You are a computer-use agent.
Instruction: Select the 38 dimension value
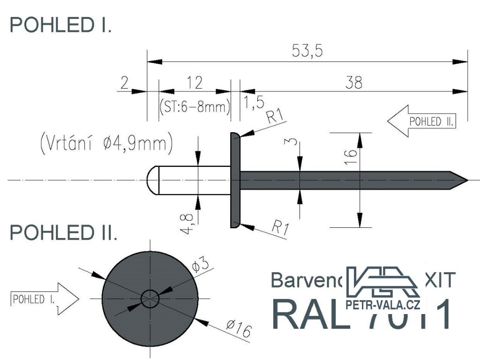(354, 82)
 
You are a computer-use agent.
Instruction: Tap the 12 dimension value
(194, 82)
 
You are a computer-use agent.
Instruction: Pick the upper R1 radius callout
(276, 116)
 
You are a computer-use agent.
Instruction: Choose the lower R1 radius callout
(280, 229)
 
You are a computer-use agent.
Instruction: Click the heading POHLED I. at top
(61, 25)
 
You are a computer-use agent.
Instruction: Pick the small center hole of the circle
(150, 298)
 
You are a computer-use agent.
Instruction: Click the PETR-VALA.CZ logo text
(382, 306)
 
